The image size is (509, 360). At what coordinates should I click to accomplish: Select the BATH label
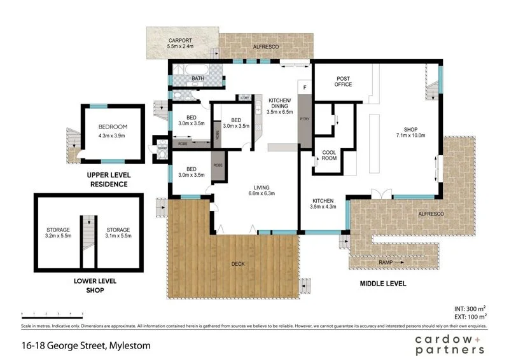[198, 79]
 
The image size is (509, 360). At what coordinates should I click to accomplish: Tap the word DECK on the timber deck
[238, 264]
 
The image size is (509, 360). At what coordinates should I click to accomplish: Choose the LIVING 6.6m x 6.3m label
[262, 190]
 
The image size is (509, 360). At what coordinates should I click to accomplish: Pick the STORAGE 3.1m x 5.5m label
[118, 233]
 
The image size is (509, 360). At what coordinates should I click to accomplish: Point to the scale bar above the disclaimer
[52, 314]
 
